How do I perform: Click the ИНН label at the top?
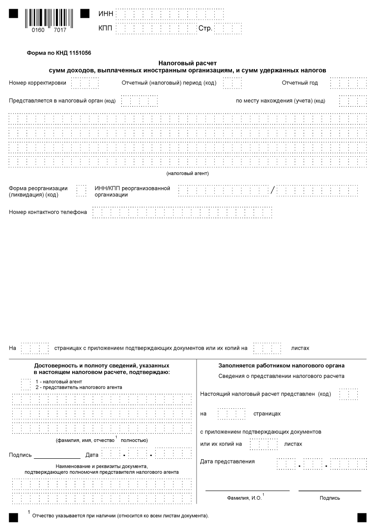[105, 15]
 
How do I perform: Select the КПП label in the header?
[105, 29]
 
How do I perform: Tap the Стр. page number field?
[227, 29]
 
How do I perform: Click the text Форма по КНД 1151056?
[59, 53]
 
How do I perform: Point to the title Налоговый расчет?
[187, 64]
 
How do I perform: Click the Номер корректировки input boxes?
[85, 83]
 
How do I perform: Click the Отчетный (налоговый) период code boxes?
[232, 83]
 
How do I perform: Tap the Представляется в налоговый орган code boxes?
[139, 101]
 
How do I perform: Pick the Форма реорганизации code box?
[81, 191]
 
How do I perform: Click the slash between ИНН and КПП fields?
[272, 191]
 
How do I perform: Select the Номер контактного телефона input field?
[182, 212]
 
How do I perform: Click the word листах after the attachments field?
[300, 348]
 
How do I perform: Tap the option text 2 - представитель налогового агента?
[79, 387]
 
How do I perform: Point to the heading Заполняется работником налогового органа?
[281, 366]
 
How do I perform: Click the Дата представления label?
[227, 462]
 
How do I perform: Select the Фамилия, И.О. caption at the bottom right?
[245, 498]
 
